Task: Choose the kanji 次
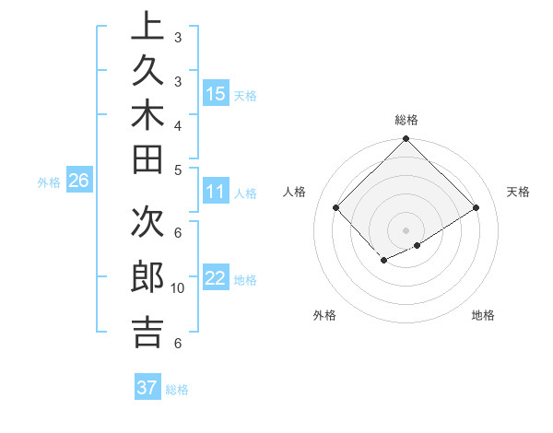pyautogui.click(x=147, y=227)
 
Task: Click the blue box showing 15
pyautogui.click(x=215, y=94)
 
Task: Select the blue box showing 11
pyautogui.click(x=215, y=193)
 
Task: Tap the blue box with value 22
pyautogui.click(x=215, y=279)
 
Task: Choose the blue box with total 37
pyautogui.click(x=147, y=388)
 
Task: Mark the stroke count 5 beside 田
pyautogui.click(x=177, y=168)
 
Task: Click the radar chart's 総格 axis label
pyautogui.click(x=406, y=120)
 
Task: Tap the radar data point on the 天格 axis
pyautogui.click(x=477, y=208)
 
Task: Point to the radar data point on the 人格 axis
pyautogui.click(x=336, y=208)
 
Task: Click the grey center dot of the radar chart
pyautogui.click(x=406, y=229)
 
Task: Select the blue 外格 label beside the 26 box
pyautogui.click(x=49, y=181)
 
